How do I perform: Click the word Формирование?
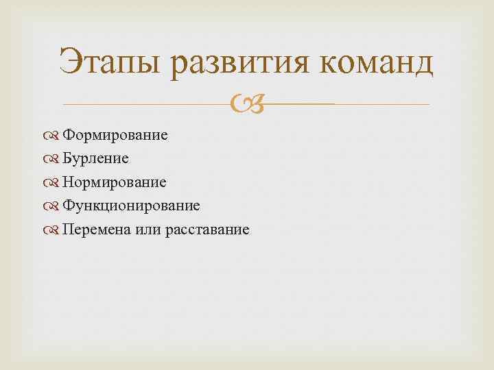tap(115, 135)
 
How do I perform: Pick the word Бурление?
tap(95, 158)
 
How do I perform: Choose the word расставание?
tap(207, 230)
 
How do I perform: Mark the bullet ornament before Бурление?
tap(54, 159)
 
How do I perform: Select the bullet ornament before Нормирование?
tap(54, 183)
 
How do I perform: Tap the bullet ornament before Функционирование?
tap(54, 206)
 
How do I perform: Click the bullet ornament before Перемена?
tap(54, 230)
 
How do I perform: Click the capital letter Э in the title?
tap(71, 63)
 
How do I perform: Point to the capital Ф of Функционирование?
tap(68, 206)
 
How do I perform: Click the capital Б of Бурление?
tap(67, 158)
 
